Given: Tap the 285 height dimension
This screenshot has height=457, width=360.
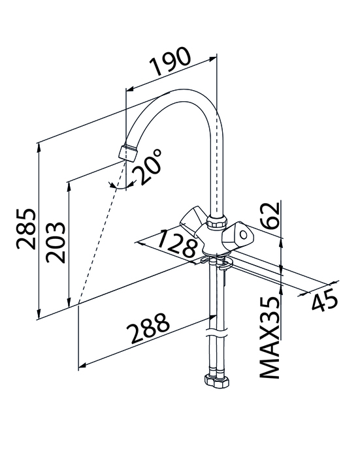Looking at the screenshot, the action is tap(26, 228).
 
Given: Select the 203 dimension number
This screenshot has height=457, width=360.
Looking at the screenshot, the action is tap(56, 242).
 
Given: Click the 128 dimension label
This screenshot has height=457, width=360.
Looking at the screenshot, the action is tap(178, 244).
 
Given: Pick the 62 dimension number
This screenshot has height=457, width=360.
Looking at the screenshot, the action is tap(270, 215).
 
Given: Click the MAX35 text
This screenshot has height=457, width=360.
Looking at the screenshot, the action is tap(270, 338).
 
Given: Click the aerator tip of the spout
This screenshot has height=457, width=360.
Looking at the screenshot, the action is tap(128, 152).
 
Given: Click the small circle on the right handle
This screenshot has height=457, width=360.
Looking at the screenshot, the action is tap(243, 234).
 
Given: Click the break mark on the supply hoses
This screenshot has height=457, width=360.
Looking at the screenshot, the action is tap(216, 332).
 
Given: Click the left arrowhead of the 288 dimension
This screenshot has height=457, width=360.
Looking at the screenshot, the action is tap(82, 365).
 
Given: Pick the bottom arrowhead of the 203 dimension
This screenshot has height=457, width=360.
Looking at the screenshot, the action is tap(69, 302).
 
